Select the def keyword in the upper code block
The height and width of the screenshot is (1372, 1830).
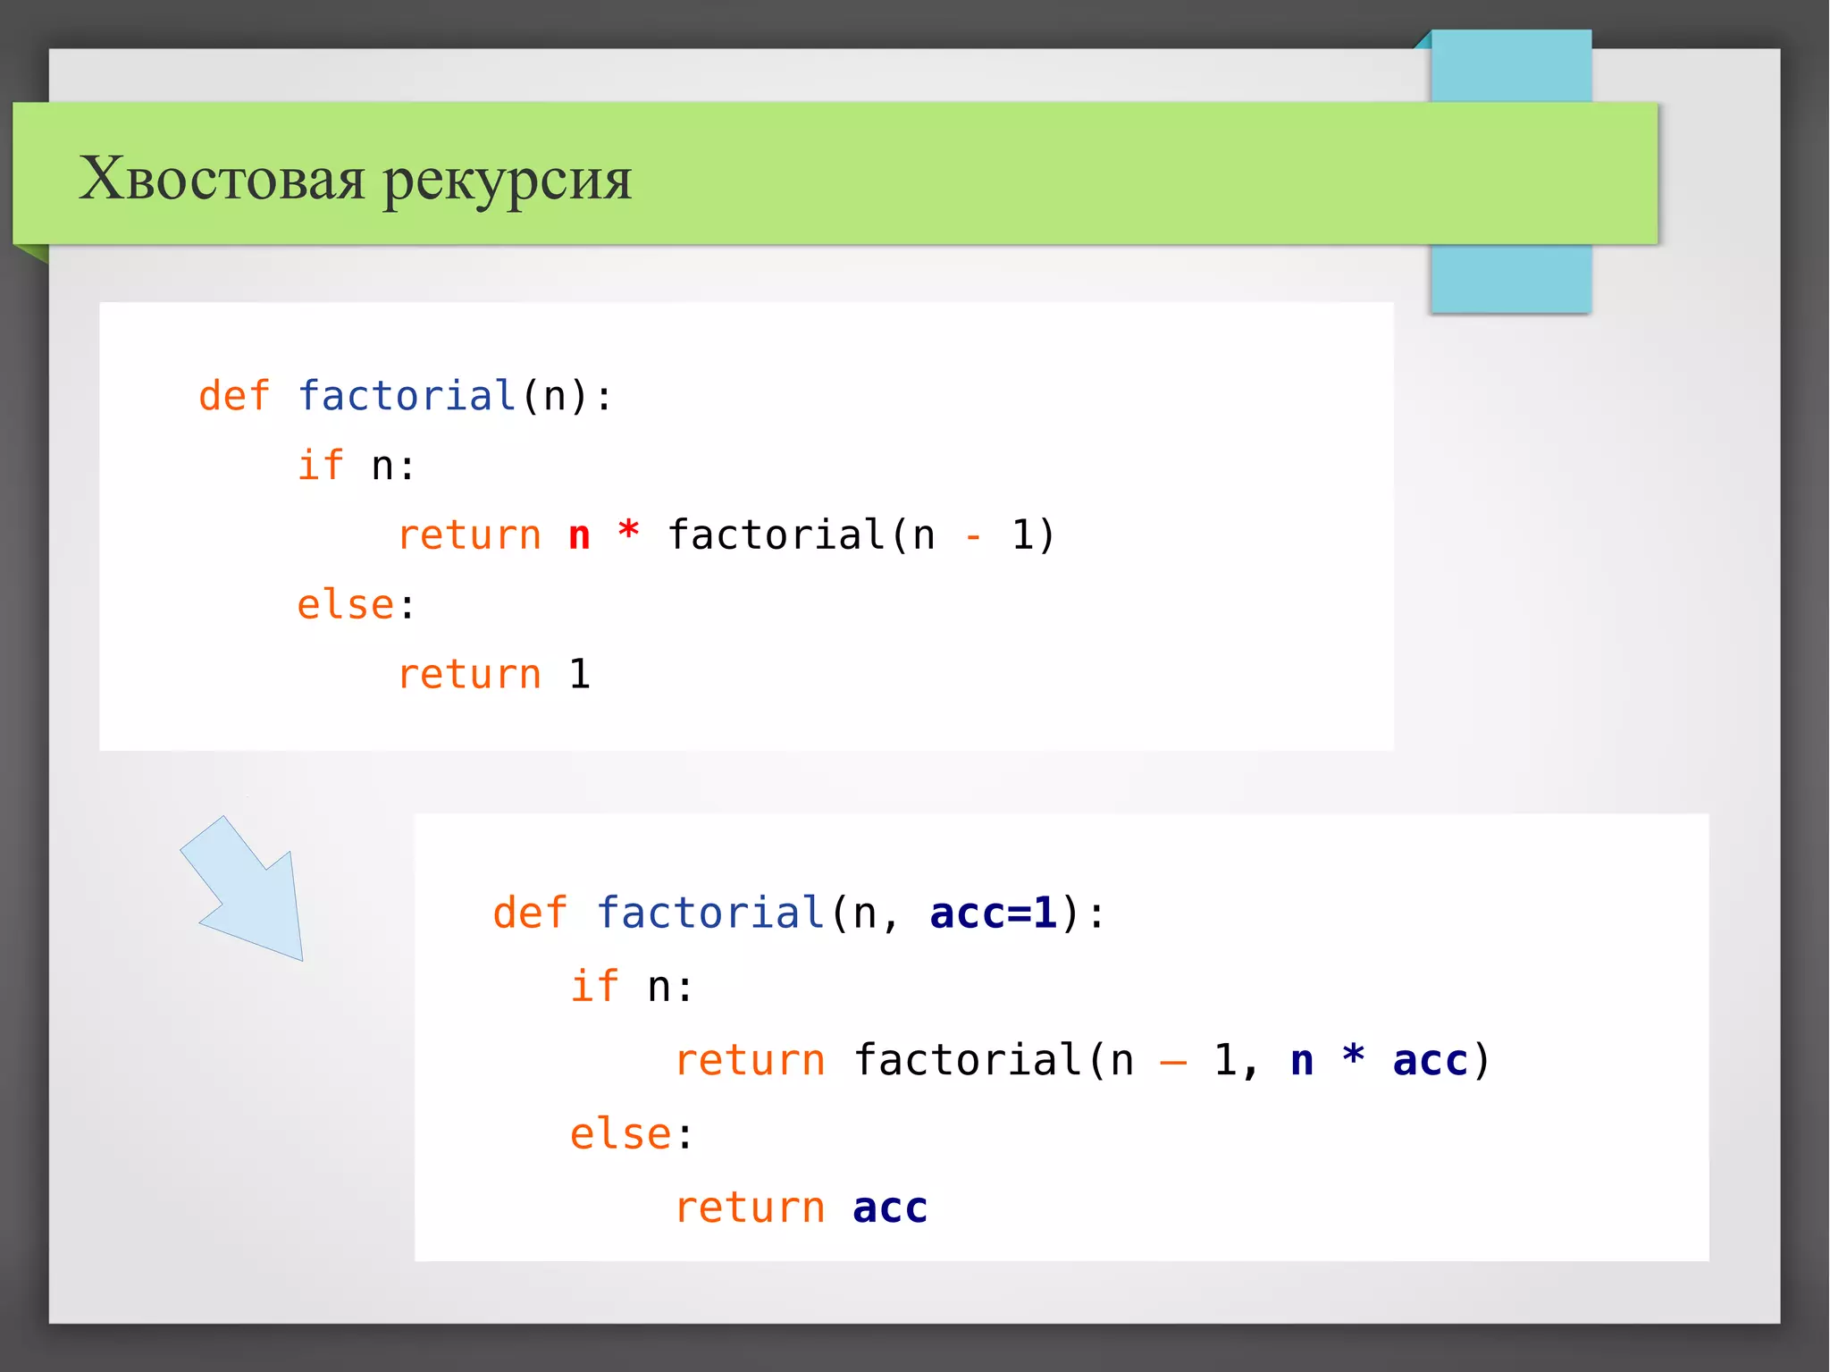tap(233, 395)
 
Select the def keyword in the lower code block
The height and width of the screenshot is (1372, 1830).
tap(529, 913)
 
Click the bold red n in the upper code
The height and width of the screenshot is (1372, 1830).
tap(579, 536)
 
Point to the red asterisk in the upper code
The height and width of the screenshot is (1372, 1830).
tap(629, 531)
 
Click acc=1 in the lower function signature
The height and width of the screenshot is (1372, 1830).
tap(993, 913)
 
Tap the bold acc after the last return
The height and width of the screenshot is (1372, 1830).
tap(890, 1208)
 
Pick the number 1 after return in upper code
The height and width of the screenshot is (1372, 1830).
tap(579, 674)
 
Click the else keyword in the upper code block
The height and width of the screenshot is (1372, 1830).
tap(345, 605)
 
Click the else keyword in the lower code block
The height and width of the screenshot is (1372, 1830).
tap(620, 1134)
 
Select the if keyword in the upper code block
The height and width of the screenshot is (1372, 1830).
tap(320, 465)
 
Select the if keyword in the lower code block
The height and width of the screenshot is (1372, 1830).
tap(594, 986)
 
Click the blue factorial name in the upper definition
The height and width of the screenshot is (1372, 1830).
tap(407, 395)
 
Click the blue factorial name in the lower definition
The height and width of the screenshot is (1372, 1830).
tap(710, 913)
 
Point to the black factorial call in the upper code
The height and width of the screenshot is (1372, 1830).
tap(776, 534)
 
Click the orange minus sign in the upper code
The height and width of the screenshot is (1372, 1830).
tap(973, 537)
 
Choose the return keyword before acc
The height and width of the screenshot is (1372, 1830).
tap(749, 1208)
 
